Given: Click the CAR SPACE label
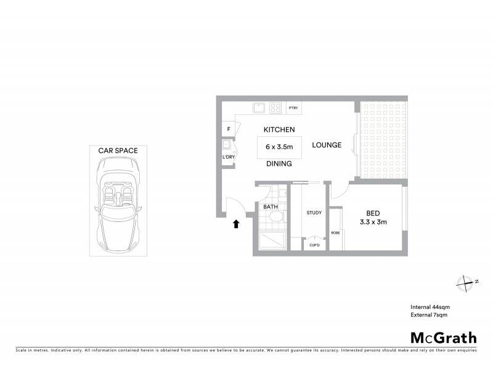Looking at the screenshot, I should point(118,150).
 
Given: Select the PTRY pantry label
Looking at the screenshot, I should point(293,109).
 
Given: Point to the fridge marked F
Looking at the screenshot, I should point(229,129).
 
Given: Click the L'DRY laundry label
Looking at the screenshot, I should point(228,157).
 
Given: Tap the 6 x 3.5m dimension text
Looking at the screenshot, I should point(279,147).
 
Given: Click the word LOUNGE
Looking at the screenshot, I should point(326,146).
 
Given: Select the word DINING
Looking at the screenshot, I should point(279,164).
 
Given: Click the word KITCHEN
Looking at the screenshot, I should point(279,129).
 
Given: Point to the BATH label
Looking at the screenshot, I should point(271,207).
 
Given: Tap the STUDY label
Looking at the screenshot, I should point(314,213).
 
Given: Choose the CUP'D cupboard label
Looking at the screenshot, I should point(314,245).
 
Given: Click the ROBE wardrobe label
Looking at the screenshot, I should point(335,232).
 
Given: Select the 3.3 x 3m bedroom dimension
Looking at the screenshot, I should point(373,222).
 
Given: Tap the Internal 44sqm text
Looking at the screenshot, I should point(430,307).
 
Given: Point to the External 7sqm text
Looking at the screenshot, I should point(429,314).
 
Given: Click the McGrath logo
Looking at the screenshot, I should point(444,337).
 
